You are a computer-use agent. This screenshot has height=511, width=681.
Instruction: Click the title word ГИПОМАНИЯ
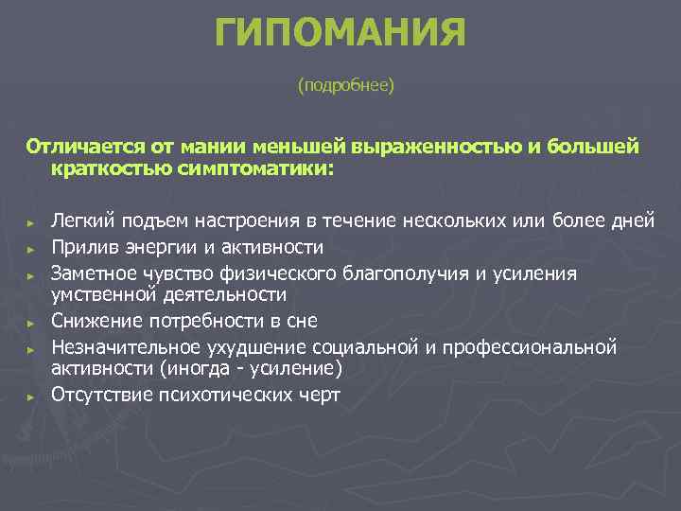(x=340, y=35)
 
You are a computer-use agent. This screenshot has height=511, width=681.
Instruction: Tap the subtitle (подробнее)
(x=345, y=86)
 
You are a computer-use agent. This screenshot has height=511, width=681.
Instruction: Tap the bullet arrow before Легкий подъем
(x=31, y=222)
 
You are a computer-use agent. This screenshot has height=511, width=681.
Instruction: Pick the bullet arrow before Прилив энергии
(x=31, y=248)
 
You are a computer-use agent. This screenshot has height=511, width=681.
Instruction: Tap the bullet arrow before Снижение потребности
(x=31, y=322)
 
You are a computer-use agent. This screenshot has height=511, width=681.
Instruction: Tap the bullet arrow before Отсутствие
(x=31, y=396)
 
